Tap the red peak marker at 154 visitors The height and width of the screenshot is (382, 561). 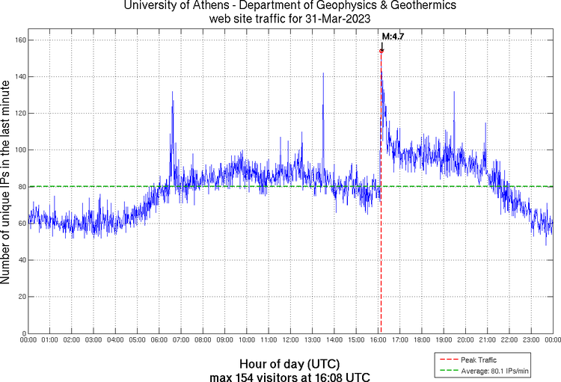point(381,51)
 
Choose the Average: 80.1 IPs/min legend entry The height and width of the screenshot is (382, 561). point(494,369)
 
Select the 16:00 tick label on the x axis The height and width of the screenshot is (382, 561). point(378,341)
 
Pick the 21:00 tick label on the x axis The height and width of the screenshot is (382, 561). point(488,341)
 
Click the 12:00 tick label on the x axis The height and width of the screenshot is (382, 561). point(291,341)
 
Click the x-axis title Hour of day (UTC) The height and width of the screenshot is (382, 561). point(289,362)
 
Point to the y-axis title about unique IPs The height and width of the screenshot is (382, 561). point(7,184)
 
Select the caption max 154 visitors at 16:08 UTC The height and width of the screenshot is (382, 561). point(289,375)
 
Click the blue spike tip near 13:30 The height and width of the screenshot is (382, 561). point(323,73)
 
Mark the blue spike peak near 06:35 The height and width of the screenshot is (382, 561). point(172,92)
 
